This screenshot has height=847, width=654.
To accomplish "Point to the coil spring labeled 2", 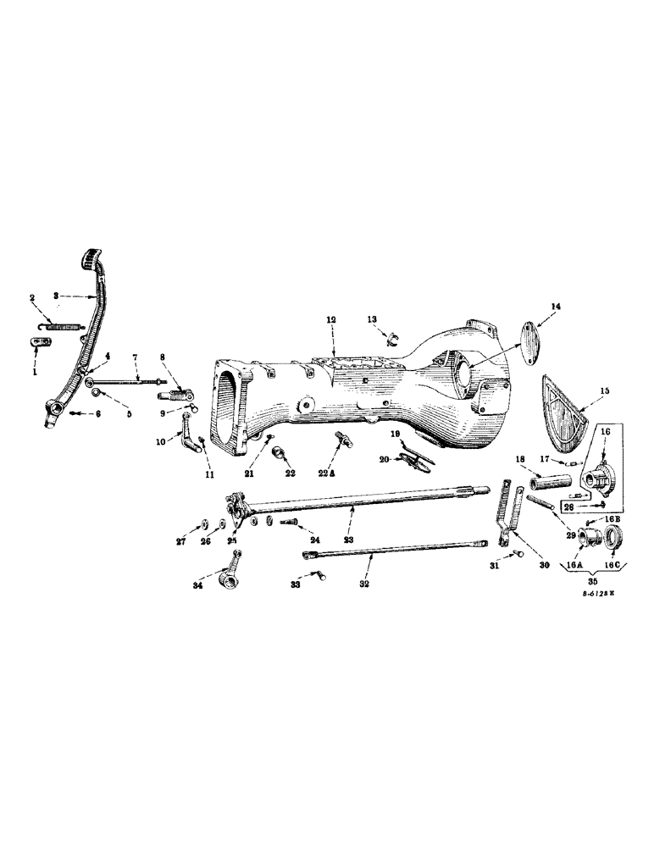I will pyautogui.click(x=64, y=325).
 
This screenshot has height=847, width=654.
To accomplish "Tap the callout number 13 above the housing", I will pyautogui.click(x=372, y=318).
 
